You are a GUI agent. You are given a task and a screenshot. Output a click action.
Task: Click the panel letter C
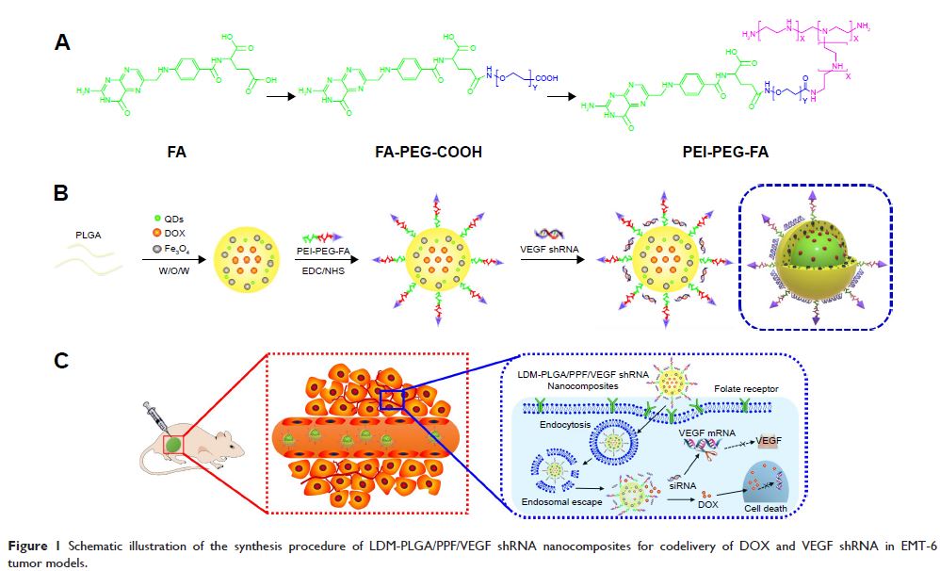coord(62,359)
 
